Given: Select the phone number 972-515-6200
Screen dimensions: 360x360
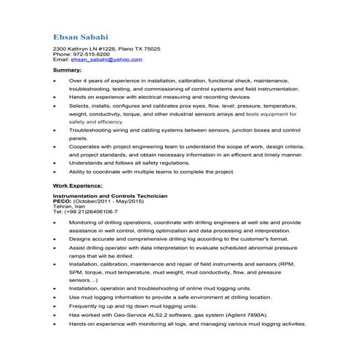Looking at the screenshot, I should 89,54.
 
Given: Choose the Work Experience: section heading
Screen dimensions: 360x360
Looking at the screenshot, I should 78,187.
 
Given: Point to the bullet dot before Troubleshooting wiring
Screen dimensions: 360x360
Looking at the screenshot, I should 55,131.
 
